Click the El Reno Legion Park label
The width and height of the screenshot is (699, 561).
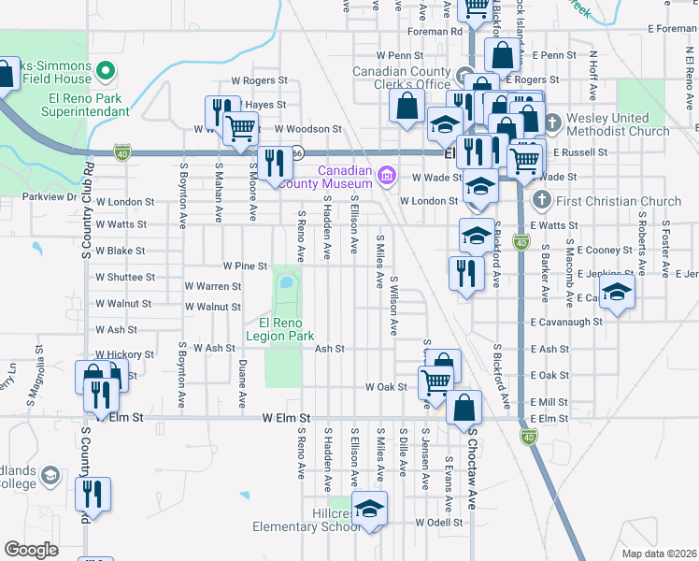point(280,328)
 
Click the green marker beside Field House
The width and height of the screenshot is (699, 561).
point(106,70)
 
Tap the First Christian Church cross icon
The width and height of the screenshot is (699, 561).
point(541,200)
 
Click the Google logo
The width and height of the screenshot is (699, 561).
point(32,550)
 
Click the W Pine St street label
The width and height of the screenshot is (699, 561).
point(245,266)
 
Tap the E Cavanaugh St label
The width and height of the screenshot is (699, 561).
point(564,321)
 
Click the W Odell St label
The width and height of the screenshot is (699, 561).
point(439,522)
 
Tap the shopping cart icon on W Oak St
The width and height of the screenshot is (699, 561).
point(435,381)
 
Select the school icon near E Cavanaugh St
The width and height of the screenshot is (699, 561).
point(617,293)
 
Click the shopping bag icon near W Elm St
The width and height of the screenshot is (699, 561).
point(464,407)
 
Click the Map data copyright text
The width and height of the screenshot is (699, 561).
point(659,554)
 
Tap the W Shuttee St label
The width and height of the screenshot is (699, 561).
point(124,277)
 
